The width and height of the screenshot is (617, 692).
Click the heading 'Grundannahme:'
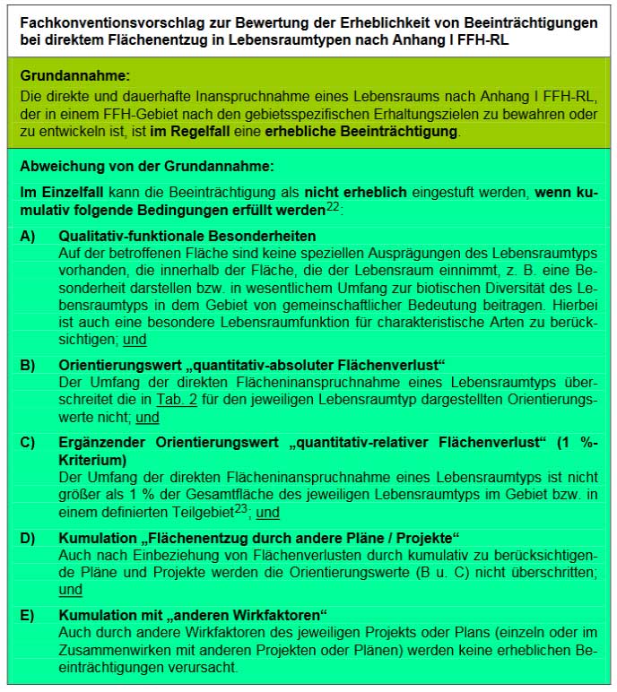(x=74, y=78)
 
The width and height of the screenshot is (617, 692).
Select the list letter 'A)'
(x=29, y=236)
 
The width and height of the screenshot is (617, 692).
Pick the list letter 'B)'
(x=29, y=366)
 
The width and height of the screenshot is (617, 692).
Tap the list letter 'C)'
(x=29, y=442)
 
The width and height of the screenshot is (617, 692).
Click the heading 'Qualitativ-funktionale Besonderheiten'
(x=187, y=236)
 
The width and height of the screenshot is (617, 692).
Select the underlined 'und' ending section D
(x=71, y=589)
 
